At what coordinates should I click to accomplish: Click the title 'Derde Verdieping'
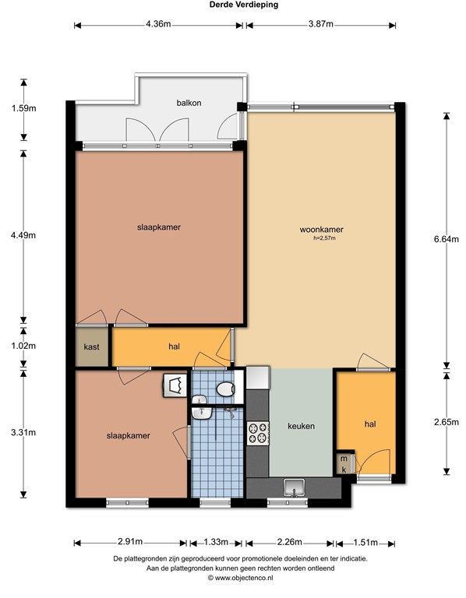click(x=244, y=5)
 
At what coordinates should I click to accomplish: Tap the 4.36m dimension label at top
click(x=158, y=24)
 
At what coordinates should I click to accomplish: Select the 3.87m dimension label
click(x=320, y=24)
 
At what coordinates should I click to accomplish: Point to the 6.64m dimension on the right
click(x=447, y=239)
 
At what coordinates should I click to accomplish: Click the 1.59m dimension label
click(x=23, y=108)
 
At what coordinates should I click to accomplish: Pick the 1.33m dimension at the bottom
click(x=216, y=542)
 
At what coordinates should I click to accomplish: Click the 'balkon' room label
click(x=189, y=103)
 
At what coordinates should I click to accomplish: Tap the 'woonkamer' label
click(x=321, y=230)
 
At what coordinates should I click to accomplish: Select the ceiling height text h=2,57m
click(x=324, y=238)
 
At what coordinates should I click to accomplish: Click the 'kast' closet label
click(x=92, y=346)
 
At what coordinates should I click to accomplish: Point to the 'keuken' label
click(x=301, y=426)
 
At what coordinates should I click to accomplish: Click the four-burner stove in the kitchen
click(x=258, y=433)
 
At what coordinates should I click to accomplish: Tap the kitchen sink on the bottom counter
click(x=294, y=488)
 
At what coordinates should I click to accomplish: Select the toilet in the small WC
click(x=225, y=389)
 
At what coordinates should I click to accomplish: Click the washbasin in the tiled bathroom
click(x=202, y=413)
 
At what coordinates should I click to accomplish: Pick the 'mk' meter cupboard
click(x=344, y=464)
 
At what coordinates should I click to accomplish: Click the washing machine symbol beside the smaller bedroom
click(x=175, y=385)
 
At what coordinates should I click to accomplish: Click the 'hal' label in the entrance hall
click(x=370, y=424)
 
